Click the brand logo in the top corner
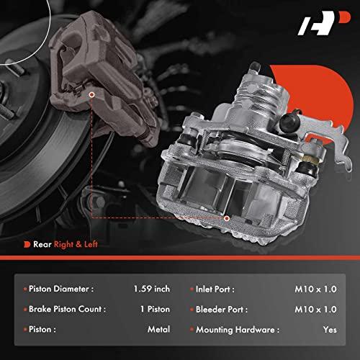(324, 23)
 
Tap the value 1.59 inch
(152, 289)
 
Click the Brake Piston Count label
(67, 309)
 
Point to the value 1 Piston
(156, 309)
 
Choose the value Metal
(159, 329)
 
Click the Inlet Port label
(215, 289)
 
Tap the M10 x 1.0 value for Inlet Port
(315, 289)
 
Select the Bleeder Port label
(222, 310)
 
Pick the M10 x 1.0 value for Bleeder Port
(315, 310)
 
